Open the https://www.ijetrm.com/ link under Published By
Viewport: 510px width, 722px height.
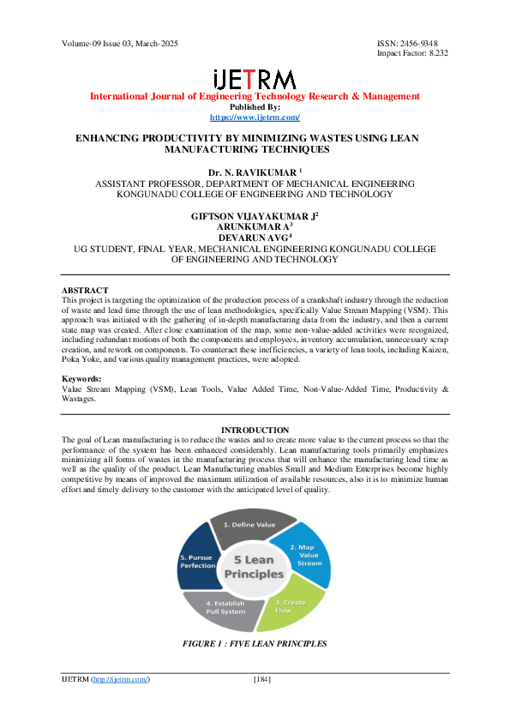coord(255,117)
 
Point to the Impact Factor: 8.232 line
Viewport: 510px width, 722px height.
coord(412,53)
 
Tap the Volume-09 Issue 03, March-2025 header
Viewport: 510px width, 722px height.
coord(120,44)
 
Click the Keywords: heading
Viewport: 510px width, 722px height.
coord(83,378)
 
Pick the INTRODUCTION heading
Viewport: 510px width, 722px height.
coord(255,430)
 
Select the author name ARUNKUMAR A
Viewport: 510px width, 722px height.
coord(254,226)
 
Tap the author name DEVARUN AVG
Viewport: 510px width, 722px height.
coord(254,238)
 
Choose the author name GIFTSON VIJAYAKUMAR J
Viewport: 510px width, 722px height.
coord(254,215)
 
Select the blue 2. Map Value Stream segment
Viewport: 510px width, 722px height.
coord(306,556)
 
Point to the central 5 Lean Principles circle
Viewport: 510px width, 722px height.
coord(254,566)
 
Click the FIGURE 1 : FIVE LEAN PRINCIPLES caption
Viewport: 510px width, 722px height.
coord(255,643)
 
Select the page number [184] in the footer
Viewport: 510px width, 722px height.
coord(262,680)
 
